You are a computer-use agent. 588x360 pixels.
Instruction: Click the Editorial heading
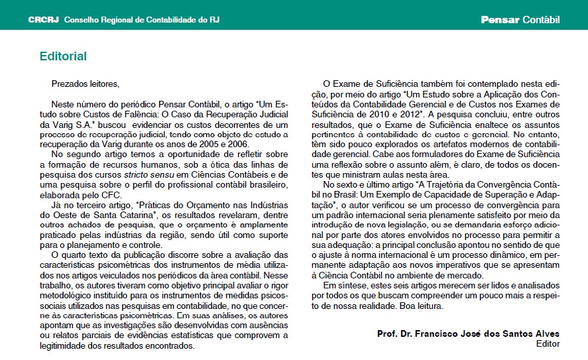(63, 56)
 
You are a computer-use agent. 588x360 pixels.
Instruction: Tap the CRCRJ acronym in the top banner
(43, 20)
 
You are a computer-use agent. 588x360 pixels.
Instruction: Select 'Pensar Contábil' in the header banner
(520, 20)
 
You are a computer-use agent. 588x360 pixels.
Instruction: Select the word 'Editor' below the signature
(548, 343)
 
